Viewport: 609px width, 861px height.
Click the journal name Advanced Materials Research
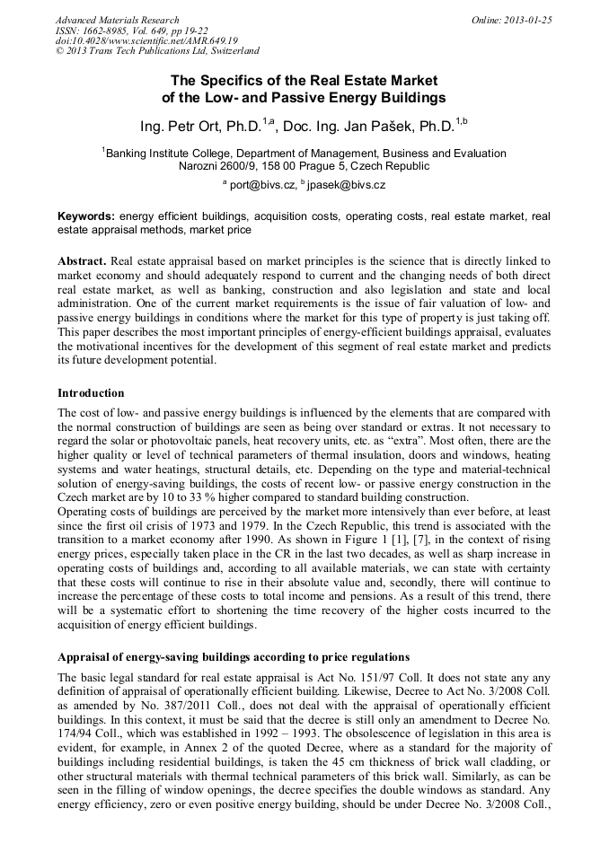pyautogui.click(x=117, y=20)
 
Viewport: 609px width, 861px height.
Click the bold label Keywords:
pyautogui.click(x=86, y=216)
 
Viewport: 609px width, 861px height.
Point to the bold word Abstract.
pyautogui.click(x=81, y=260)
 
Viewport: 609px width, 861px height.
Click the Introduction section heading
pyautogui.click(x=91, y=393)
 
